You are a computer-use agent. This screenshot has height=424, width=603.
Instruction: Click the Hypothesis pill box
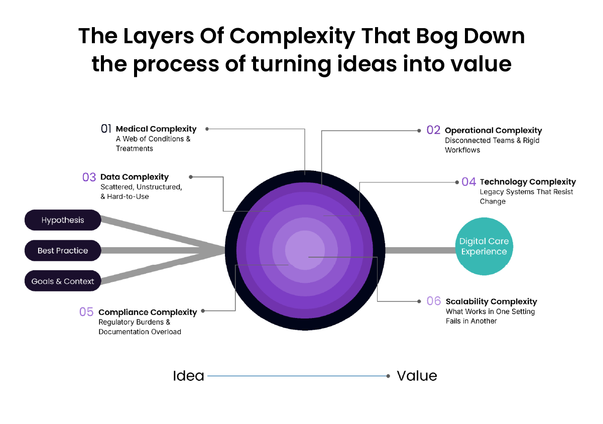tap(63, 220)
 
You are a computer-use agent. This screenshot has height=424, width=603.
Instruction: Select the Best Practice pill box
tap(63, 251)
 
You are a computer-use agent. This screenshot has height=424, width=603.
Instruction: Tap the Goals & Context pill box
tap(63, 281)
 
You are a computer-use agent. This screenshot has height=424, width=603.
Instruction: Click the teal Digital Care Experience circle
tap(485, 246)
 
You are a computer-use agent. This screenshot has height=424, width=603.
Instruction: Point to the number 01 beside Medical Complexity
tap(106, 129)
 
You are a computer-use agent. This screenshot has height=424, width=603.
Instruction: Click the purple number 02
tap(433, 130)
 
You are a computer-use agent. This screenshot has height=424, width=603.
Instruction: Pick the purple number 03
tap(89, 177)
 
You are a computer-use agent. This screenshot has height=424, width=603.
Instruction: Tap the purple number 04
tap(468, 182)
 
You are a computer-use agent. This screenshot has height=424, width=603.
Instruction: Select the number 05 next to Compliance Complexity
tap(86, 312)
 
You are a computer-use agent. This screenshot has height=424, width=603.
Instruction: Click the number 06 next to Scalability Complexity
tap(434, 301)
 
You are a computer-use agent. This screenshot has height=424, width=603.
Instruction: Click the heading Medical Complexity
tap(156, 129)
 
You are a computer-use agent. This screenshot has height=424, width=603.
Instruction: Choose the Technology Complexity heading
tap(528, 182)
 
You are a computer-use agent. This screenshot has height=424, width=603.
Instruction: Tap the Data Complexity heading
tap(135, 177)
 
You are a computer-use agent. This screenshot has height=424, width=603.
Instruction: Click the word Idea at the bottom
tap(188, 376)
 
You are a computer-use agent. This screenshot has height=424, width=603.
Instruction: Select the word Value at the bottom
tap(417, 376)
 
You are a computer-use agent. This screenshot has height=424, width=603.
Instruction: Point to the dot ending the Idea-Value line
tap(389, 376)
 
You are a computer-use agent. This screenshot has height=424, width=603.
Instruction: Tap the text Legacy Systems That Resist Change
tap(526, 196)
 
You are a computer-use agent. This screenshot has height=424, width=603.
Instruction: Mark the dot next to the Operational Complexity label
tap(419, 131)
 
